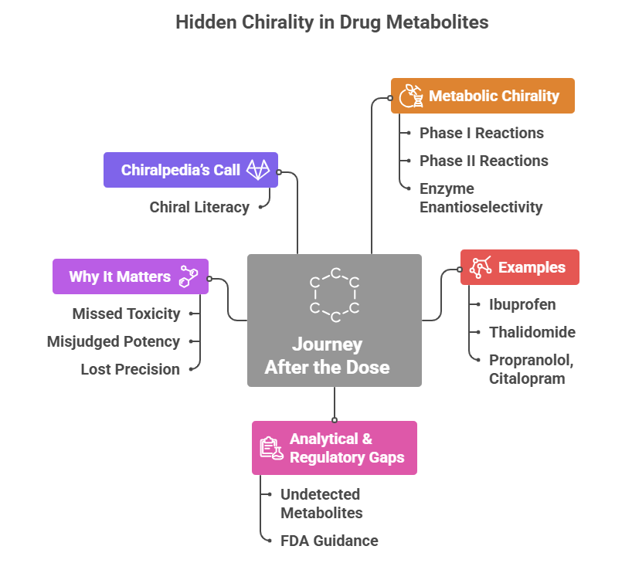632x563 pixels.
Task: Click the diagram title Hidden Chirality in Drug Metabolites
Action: [x=331, y=22]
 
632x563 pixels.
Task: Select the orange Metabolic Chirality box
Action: [x=482, y=96]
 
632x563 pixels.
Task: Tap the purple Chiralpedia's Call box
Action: [x=190, y=170]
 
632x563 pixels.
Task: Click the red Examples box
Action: [x=519, y=267]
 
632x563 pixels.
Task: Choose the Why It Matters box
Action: [x=130, y=276]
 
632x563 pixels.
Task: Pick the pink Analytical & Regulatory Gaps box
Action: [x=334, y=448]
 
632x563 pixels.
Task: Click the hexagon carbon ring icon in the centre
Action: [x=335, y=295]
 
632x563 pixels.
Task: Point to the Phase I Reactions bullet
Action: [x=481, y=133]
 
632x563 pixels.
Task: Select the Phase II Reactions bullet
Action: [x=484, y=161]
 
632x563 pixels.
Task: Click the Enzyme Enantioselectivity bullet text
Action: [x=481, y=198]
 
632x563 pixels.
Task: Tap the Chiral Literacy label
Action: [x=199, y=207]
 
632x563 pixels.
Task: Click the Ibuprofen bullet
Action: [x=522, y=304]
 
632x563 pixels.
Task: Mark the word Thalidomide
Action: [x=532, y=332]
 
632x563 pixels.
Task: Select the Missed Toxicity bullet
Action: [x=126, y=314]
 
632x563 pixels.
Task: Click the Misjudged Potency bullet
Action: [x=114, y=341]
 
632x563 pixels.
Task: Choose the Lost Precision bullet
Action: [x=130, y=369]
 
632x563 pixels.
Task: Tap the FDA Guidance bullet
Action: [x=329, y=541]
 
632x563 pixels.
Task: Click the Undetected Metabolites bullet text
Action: [x=321, y=504]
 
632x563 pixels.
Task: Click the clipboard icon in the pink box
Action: [x=270, y=448]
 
